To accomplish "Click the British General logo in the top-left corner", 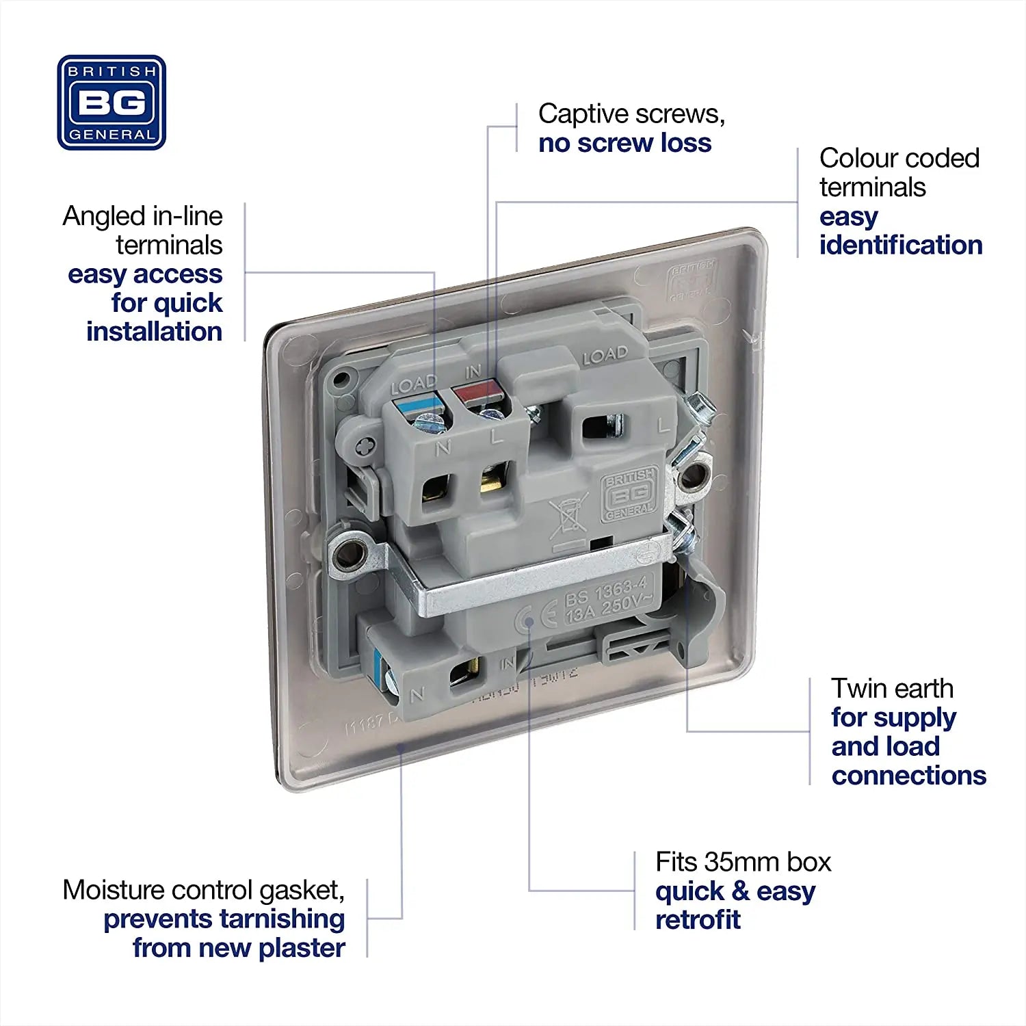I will pos(111,103).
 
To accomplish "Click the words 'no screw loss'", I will pos(624,143).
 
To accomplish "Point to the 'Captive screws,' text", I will pos(631,114).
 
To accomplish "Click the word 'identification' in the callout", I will pos(901,245).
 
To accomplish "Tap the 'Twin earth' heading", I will pos(892,688).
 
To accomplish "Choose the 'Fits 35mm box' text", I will pos(743,862).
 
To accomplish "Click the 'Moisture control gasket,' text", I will pos(203,890).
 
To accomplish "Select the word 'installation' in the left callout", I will pos(154,332).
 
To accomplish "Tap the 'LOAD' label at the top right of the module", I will pos(605,356).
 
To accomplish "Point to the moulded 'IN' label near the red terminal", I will pos(473,371).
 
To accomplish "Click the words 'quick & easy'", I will pos(735,891).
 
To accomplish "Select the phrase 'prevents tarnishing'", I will pos(224,919).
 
